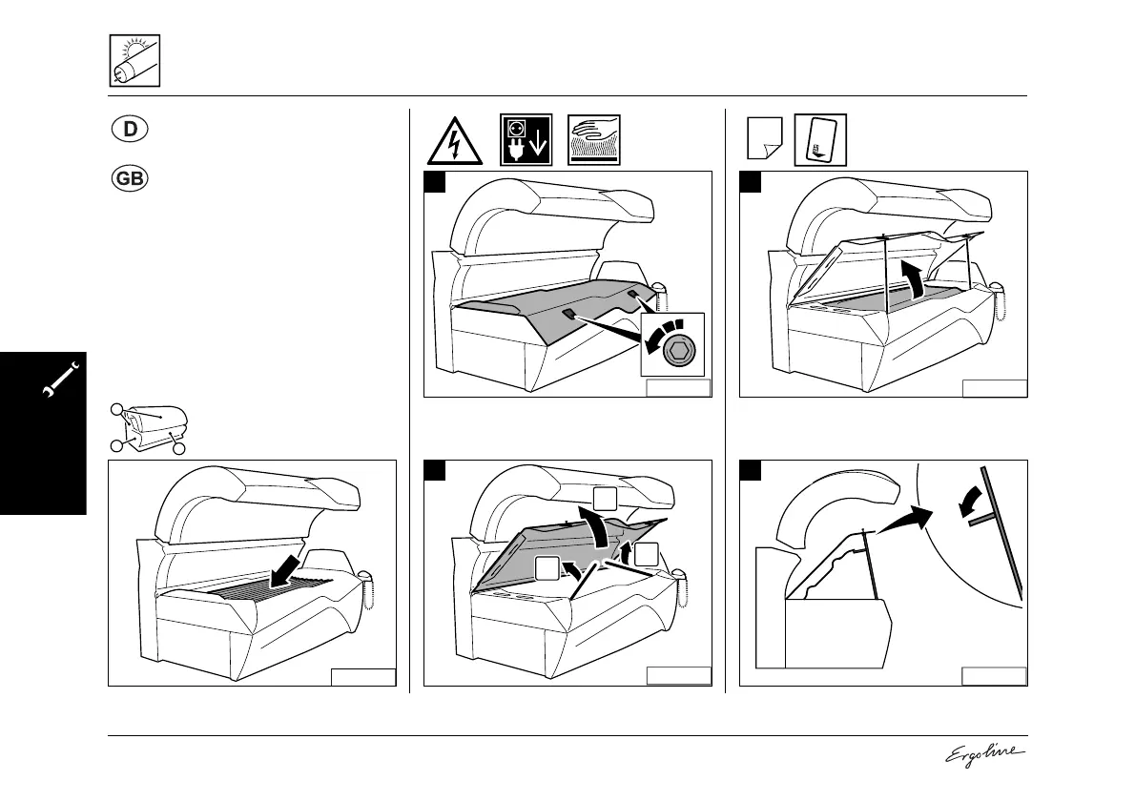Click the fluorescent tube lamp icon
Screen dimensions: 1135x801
tap(134, 60)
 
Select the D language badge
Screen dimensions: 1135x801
tap(132, 130)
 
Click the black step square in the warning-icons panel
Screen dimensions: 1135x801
tap(436, 183)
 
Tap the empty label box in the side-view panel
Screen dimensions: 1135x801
tap(994, 676)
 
